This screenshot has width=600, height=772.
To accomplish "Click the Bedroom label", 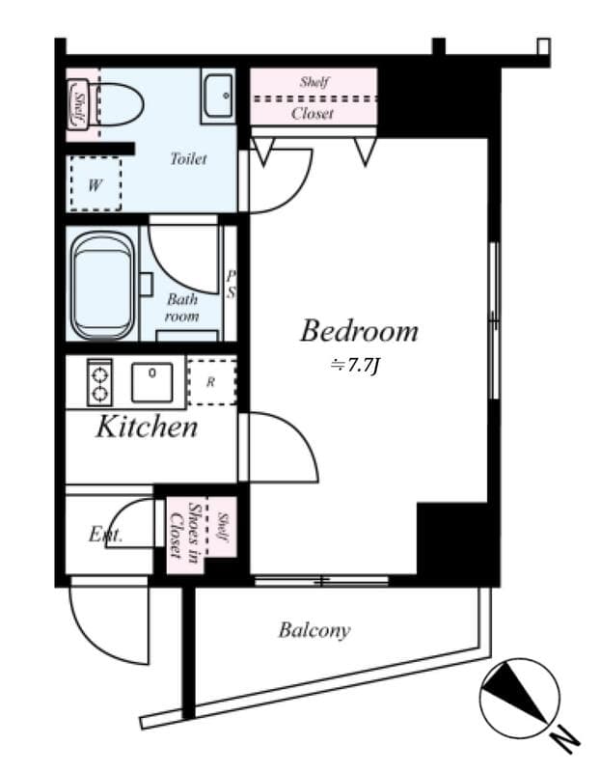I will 359,331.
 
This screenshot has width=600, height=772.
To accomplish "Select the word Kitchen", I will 146,427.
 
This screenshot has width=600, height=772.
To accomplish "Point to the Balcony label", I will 314,631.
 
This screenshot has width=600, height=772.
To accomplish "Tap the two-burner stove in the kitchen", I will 98,382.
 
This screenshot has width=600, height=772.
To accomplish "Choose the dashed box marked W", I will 95,184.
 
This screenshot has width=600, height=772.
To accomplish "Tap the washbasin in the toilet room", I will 220,96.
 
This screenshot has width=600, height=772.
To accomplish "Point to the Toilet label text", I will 188,159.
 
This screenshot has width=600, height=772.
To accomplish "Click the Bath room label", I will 181,308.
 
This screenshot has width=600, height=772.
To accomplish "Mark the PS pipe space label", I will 231,284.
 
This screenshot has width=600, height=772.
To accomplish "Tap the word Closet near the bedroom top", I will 313,113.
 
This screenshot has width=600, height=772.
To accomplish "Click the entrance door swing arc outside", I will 109,625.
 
